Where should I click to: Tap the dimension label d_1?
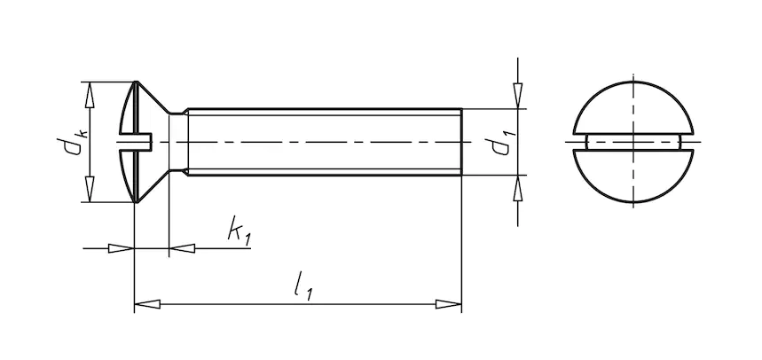click(502, 142)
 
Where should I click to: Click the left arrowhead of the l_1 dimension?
click(146, 305)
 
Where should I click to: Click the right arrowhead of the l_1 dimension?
click(449, 305)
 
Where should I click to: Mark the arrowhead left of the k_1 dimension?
click(121, 248)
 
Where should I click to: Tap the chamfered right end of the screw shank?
click(460, 142)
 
